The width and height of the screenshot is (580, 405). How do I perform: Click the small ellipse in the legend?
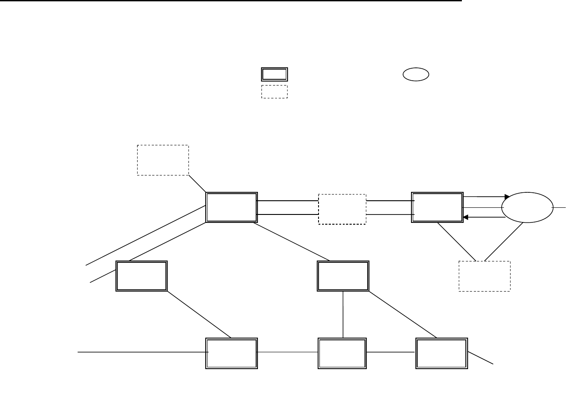click(416, 75)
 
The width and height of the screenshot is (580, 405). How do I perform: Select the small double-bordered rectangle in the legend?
click(274, 74)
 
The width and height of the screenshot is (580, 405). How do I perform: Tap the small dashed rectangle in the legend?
click(274, 91)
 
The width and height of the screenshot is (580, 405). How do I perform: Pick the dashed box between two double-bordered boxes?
click(342, 209)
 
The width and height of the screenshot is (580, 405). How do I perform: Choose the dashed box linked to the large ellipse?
click(484, 276)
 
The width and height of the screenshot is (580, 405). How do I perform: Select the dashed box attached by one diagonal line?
click(163, 160)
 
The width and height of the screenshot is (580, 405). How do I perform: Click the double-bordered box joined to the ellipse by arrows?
click(437, 207)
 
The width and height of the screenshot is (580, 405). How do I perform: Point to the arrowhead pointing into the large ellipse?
click(507, 196)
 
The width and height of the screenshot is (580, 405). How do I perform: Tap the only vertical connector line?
click(343, 315)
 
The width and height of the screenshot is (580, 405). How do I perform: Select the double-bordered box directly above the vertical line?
click(343, 276)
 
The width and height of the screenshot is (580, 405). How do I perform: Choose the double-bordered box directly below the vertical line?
click(342, 354)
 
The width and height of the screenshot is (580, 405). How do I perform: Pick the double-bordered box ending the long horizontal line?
click(231, 354)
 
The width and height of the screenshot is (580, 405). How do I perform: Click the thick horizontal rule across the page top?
click(230, 1)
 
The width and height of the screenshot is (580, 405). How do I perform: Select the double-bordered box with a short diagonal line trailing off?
click(442, 354)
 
